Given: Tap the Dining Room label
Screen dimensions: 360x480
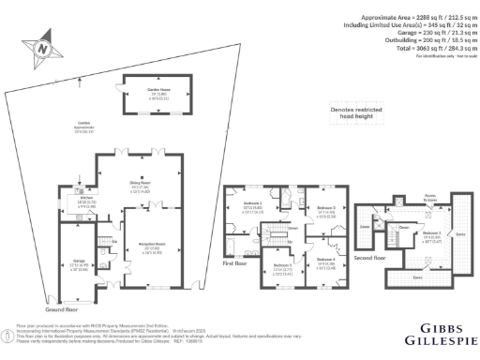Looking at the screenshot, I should click(x=141, y=186).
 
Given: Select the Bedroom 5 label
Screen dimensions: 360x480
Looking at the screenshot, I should click(x=284, y=268).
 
